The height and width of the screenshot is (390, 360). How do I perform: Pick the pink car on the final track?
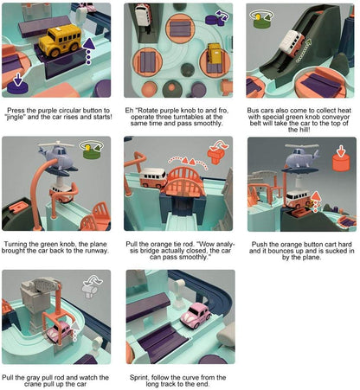click(196, 334)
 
